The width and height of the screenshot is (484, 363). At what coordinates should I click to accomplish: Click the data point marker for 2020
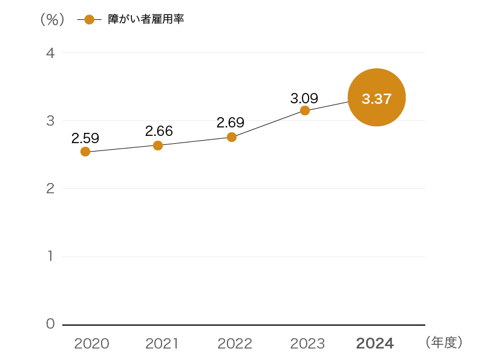pos(85,152)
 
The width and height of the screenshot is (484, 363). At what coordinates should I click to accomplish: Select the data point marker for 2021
pos(158,146)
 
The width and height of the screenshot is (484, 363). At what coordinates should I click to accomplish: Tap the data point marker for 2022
pos(232,137)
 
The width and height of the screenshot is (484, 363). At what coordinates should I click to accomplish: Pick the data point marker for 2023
pos(305,111)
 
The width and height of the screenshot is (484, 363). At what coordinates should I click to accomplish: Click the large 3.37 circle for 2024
pos(376,97)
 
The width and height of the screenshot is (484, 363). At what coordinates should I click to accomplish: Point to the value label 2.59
pos(85,138)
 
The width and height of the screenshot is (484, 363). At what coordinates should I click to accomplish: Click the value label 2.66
pos(159,130)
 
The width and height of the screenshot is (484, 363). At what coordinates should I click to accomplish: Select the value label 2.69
pos(231,123)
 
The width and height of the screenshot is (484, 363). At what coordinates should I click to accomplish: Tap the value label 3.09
pos(304,97)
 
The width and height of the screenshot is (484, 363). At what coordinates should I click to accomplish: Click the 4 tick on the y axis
pos(50,53)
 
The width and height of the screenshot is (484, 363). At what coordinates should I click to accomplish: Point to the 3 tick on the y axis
pos(50,121)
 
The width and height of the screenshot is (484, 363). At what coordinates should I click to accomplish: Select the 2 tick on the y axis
pos(50,188)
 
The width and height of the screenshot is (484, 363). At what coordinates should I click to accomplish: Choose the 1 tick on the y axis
pos(51,257)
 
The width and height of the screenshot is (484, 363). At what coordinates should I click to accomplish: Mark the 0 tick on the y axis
pos(50,324)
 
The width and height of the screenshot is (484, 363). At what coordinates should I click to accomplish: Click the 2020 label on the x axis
pos(91,344)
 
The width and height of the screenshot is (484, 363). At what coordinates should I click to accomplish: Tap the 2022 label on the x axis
pos(235,344)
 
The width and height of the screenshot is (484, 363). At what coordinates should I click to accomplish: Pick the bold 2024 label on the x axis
pos(375,344)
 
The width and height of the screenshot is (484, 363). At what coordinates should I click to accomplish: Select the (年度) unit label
pos(444,343)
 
